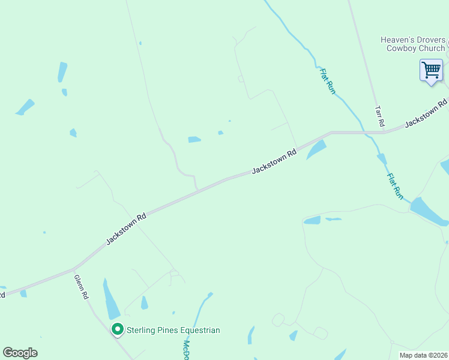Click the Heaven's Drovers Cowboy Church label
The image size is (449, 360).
pos(413,44)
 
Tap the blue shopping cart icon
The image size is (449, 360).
pos(431,70)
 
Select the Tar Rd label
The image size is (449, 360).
pos(379,116)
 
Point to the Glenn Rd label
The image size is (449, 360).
pos(82,287)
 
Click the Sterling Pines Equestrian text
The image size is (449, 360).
pos(173,330)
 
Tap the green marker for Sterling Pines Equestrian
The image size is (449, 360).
pos(118,329)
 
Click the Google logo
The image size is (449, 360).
pos(20,353)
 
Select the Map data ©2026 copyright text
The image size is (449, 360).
pos(423,355)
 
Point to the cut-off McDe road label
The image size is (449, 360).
pos(187,349)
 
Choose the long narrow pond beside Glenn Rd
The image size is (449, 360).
pos(111,300)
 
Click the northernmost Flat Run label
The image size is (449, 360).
pos(327,81)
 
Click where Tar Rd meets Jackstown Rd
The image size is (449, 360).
pos(384,131)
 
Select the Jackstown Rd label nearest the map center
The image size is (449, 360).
pos(274,161)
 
